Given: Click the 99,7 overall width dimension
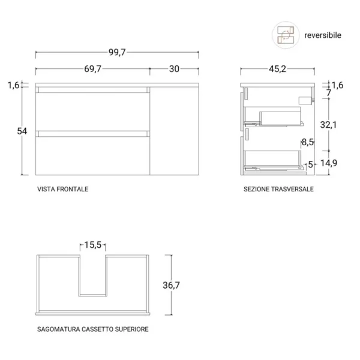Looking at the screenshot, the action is tap(117, 52).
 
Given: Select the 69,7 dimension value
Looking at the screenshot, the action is tap(92, 69).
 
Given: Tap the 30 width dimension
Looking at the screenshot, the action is tap(174, 69).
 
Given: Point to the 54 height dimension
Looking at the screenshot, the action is tap(22, 131).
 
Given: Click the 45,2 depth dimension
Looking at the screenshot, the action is tap(277, 69).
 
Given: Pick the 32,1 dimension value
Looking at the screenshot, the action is tap(329, 125).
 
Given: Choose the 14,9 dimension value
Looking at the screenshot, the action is tap(329, 163).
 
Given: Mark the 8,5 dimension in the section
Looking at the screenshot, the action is tap(308, 142).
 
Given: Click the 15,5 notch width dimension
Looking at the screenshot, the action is tap(93, 245).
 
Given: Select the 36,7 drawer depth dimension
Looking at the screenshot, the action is tap(171, 286).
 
